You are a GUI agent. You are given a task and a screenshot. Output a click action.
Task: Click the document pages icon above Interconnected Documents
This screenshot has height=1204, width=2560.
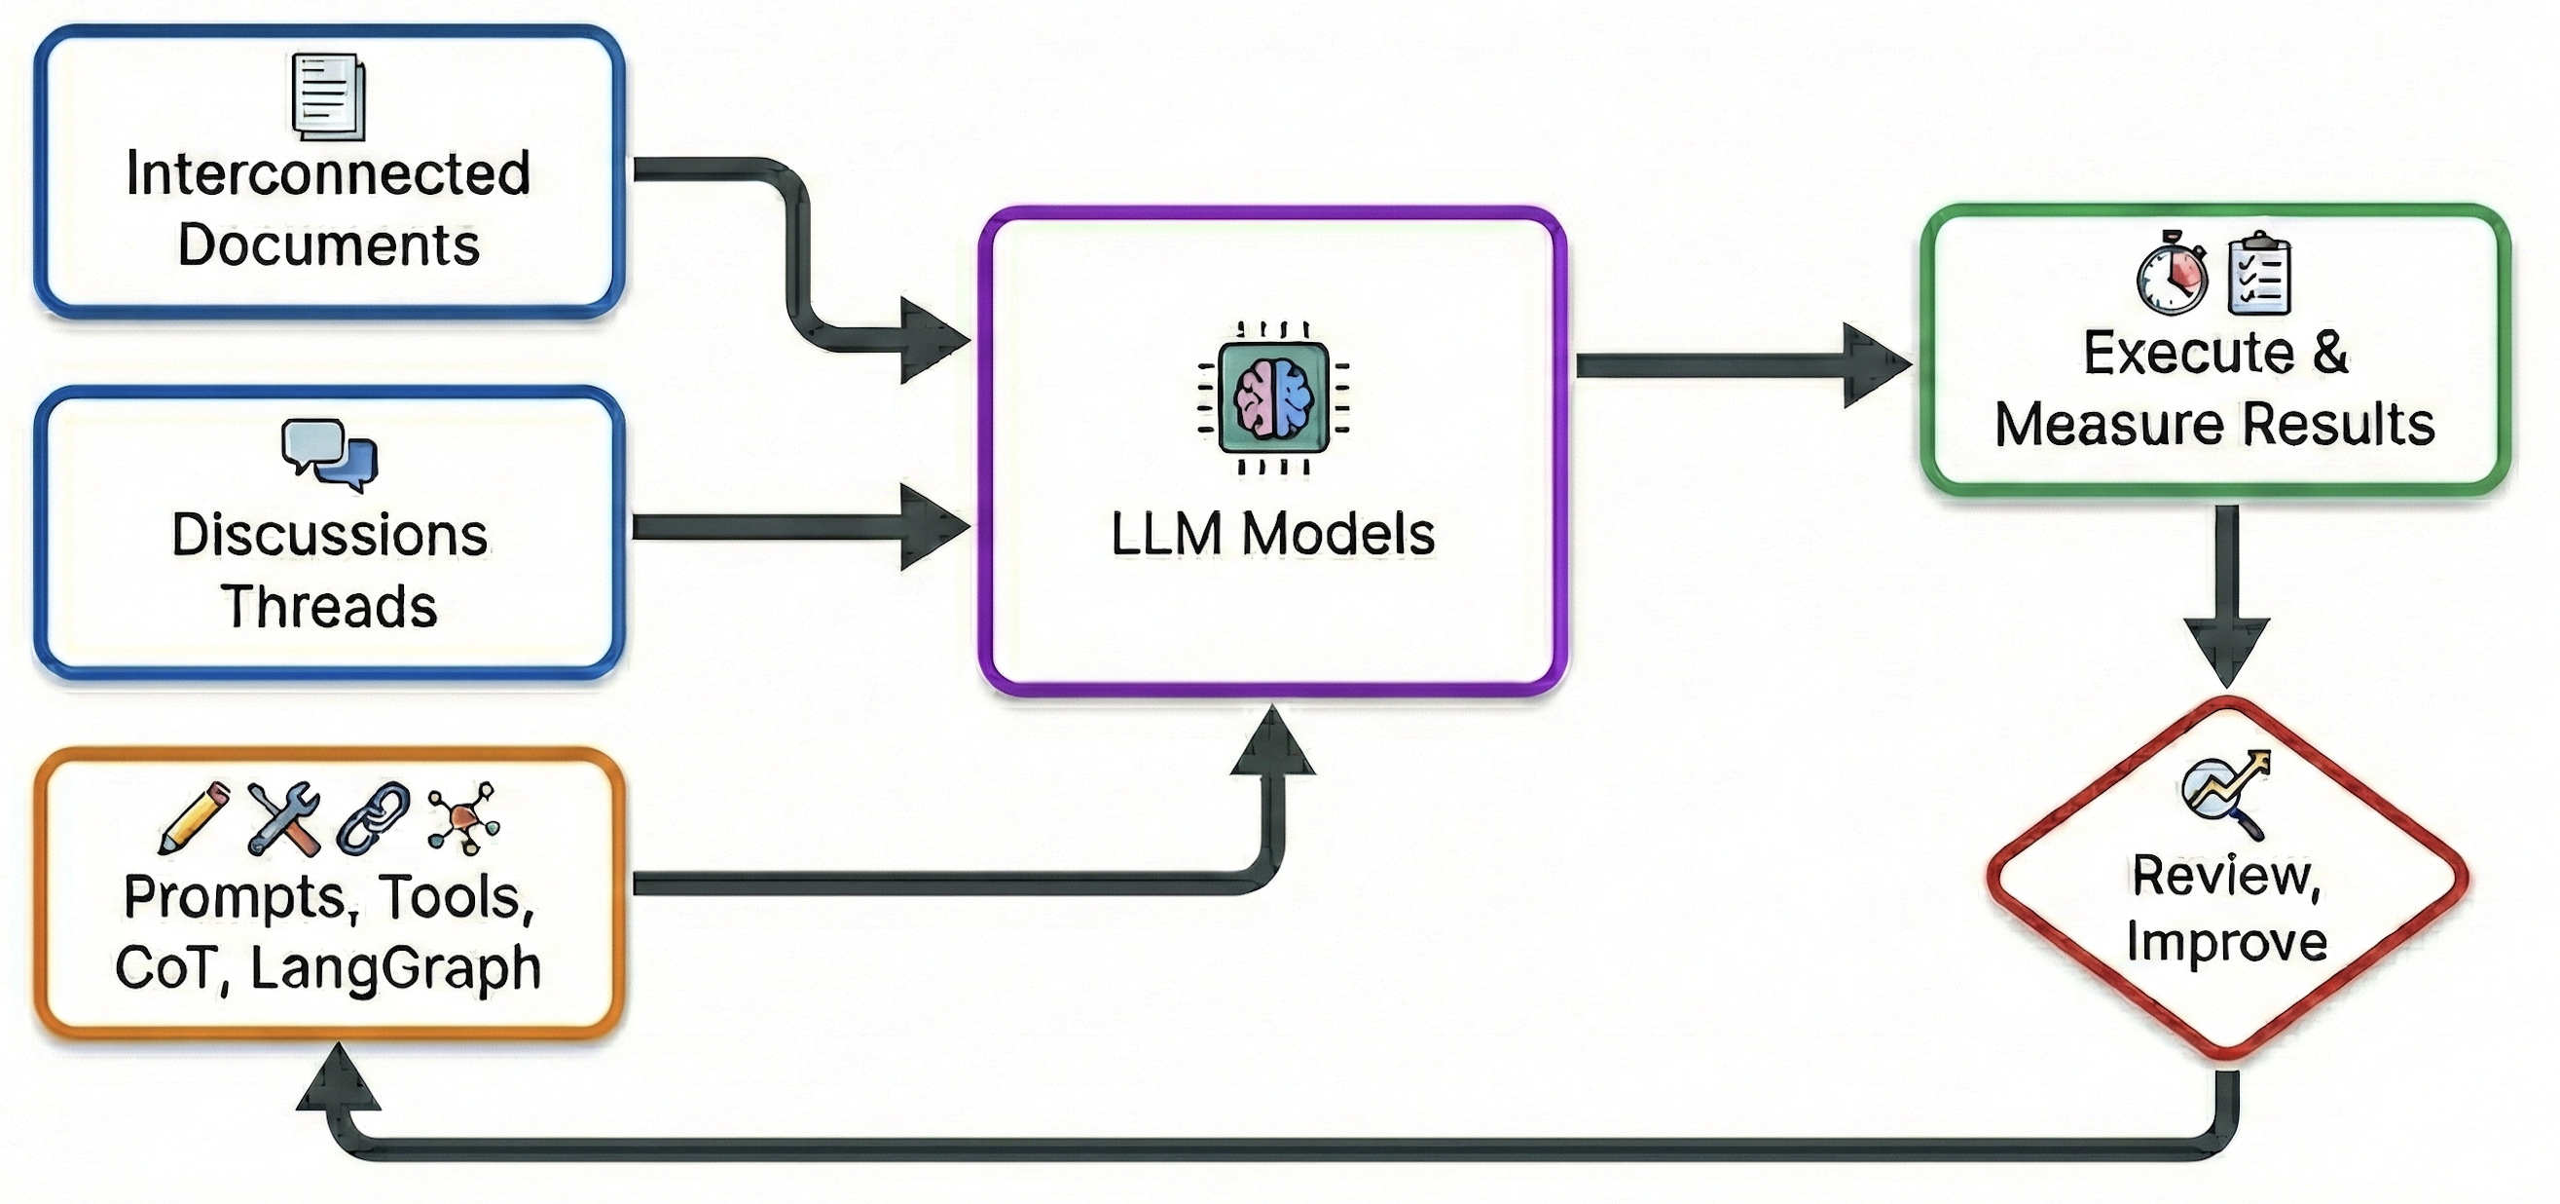329,97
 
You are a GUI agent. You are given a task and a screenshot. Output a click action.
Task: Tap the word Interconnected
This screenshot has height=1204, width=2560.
328,174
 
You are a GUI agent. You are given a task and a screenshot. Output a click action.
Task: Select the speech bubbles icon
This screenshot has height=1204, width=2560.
329,454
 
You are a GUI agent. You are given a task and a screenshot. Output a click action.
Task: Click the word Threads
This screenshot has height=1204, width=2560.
329,607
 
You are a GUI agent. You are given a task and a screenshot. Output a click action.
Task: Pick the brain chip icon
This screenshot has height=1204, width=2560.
1273,397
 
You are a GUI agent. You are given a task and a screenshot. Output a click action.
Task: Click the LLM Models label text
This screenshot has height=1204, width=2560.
1272,534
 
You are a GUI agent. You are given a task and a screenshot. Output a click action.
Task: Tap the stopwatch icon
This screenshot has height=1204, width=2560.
2172,274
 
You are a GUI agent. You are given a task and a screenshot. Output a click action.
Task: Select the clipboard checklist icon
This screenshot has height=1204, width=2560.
2259,274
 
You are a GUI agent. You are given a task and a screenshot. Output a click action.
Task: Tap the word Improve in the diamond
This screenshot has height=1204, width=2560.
2226,942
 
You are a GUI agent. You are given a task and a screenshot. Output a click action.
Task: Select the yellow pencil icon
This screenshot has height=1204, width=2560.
194,818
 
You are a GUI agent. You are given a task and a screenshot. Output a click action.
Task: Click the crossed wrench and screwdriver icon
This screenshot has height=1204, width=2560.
284,818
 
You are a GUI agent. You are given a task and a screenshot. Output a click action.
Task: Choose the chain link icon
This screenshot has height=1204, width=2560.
374,818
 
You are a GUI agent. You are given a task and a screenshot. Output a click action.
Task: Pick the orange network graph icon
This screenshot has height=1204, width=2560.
463,818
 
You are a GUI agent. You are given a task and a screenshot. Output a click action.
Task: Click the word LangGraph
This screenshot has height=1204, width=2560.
395,967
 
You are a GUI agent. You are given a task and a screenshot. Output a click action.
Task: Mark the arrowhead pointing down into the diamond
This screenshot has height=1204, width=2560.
2226,651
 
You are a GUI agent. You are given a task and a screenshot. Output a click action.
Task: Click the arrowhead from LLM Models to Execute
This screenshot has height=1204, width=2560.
1875,365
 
